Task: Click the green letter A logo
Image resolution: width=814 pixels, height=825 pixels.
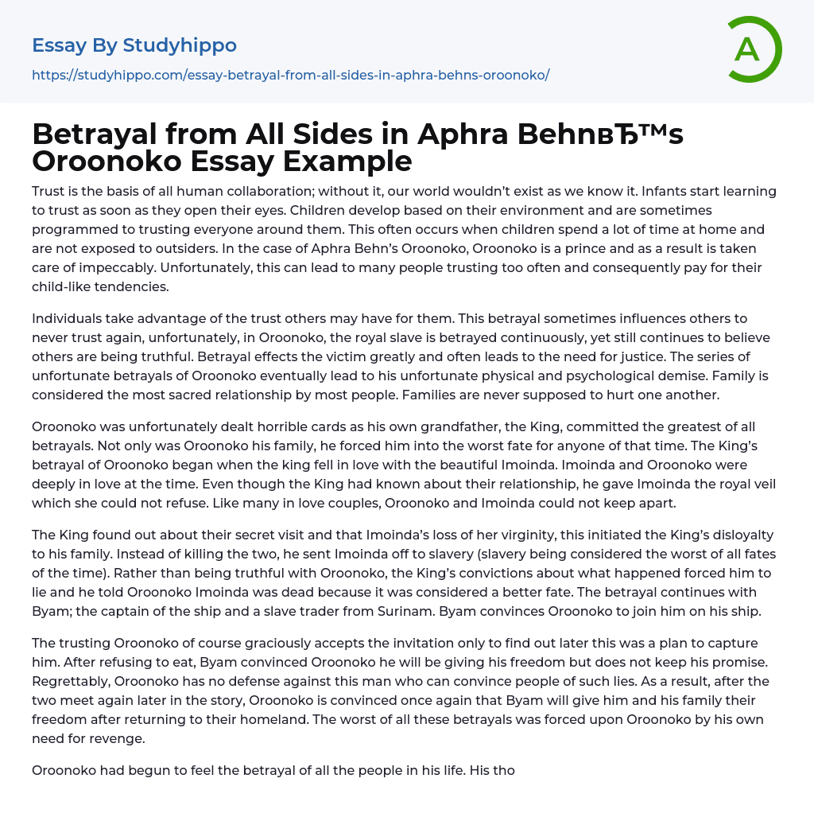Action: [x=754, y=49]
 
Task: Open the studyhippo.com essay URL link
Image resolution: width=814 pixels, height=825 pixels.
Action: [x=290, y=75]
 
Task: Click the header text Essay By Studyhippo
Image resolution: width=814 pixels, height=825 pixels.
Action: [x=134, y=45]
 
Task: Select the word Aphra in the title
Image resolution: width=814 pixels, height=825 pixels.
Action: [x=464, y=134]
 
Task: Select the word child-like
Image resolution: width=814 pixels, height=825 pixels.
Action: [x=64, y=286]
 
